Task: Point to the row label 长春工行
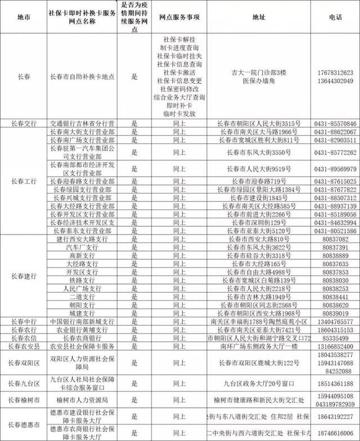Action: click(24, 181)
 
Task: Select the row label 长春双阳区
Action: click(24, 364)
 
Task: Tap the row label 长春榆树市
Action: click(24, 400)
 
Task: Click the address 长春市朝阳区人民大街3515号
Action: click(260, 123)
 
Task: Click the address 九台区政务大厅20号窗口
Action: click(258, 383)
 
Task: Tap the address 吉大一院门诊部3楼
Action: click(260, 73)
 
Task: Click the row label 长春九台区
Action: click(24, 383)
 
